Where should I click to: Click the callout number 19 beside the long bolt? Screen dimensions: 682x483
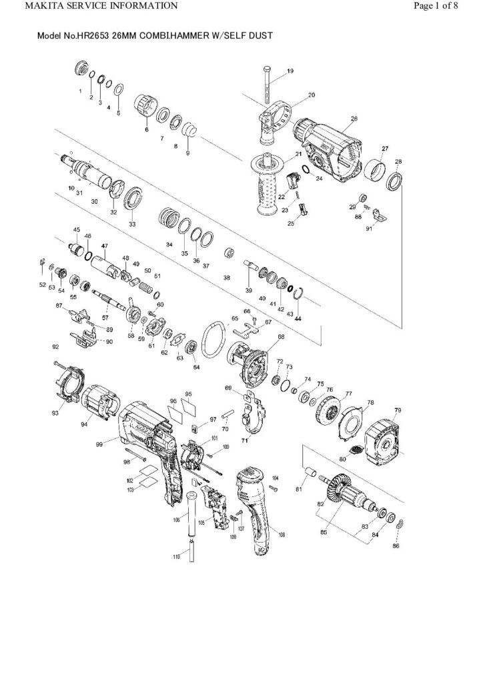pyautogui.click(x=290, y=71)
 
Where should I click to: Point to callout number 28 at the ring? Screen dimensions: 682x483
pyautogui.click(x=398, y=162)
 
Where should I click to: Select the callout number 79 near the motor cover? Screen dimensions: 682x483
pyautogui.click(x=398, y=409)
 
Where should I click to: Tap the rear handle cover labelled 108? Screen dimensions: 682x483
pyautogui.click(x=257, y=506)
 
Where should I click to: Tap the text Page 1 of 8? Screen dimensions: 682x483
pyautogui.click(x=446, y=6)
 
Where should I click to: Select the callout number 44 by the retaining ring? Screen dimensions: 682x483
pyautogui.click(x=298, y=319)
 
